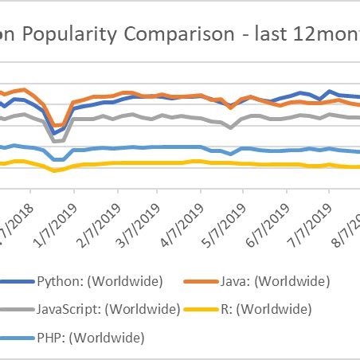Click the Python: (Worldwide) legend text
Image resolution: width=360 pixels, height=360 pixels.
coord(100,280)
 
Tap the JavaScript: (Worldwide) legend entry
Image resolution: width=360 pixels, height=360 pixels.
coord(108,309)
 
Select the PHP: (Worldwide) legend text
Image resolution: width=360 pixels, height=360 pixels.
coord(91,338)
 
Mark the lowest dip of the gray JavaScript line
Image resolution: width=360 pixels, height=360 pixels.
coord(56,141)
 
